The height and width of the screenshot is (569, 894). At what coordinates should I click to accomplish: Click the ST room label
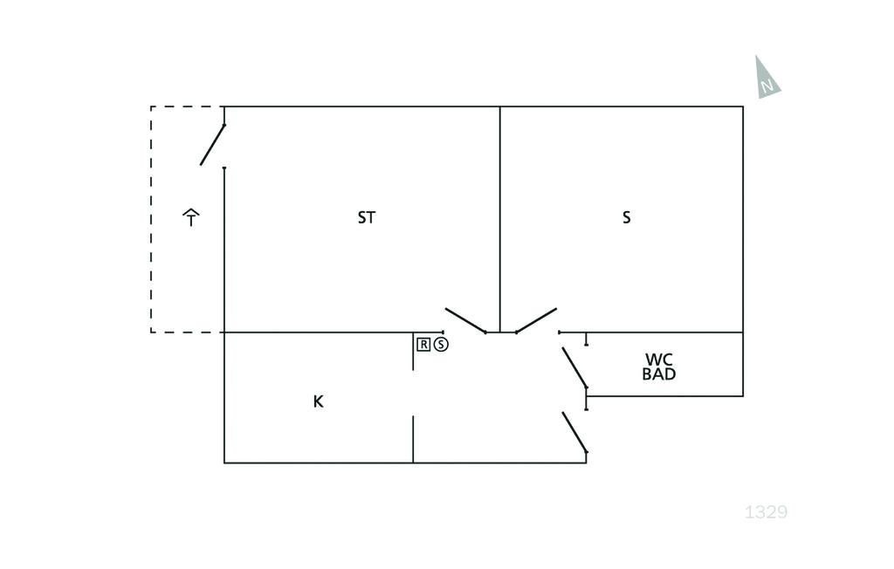[367, 217]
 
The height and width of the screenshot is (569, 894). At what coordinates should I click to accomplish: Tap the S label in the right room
[626, 217]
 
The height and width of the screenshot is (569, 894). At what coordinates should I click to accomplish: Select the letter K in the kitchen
[318, 401]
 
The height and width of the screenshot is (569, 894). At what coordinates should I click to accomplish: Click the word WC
[659, 360]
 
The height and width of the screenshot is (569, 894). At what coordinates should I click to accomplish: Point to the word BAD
[659, 374]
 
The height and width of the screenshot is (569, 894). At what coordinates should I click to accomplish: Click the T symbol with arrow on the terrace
[191, 217]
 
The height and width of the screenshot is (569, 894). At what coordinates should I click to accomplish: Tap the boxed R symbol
[423, 344]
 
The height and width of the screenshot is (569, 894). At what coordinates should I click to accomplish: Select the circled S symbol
[441, 344]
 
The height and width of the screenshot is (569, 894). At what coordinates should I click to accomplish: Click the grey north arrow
[766, 79]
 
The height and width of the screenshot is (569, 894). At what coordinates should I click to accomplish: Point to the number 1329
[766, 512]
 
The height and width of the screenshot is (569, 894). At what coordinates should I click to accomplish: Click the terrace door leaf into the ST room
[212, 145]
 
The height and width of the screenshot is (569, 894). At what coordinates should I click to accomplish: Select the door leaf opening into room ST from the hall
[465, 320]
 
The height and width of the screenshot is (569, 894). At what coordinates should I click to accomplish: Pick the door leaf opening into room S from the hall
[536, 320]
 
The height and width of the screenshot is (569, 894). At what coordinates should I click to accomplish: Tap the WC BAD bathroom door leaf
[574, 367]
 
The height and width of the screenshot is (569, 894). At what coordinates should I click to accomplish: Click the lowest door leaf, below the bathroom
[574, 433]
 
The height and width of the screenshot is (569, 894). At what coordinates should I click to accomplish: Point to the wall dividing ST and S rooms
[500, 218]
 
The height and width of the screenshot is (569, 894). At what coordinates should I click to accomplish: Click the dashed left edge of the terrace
[151, 218]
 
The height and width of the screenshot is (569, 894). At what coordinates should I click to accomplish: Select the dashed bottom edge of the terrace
[187, 332]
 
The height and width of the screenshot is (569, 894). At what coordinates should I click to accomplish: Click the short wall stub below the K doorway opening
[413, 439]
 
